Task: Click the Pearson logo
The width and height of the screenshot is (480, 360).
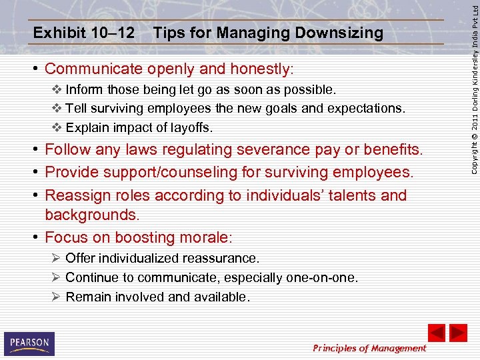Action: click(29, 343)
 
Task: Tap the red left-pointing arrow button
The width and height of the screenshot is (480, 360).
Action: click(436, 333)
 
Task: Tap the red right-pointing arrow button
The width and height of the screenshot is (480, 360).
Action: click(458, 333)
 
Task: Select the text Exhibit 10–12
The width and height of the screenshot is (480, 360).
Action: click(83, 33)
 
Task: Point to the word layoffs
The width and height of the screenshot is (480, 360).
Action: click(191, 127)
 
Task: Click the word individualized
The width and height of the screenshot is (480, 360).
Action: click(137, 258)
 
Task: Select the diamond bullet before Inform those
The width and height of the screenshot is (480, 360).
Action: click(55, 89)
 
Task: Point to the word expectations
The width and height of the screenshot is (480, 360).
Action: click(369, 108)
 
